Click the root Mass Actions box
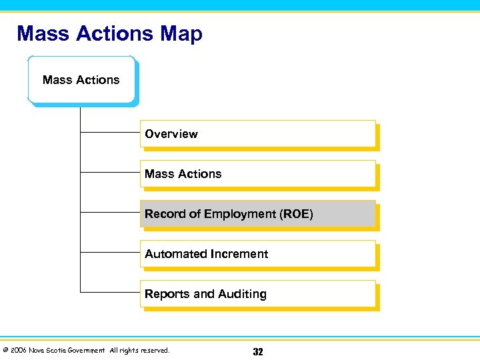click(x=81, y=80)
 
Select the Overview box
click(x=258, y=133)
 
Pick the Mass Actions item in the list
click(x=258, y=173)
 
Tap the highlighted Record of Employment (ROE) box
click(x=258, y=213)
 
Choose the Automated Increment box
click(x=258, y=253)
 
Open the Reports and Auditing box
click(x=258, y=293)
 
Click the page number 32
click(x=257, y=352)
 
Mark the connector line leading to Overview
click(x=110, y=133)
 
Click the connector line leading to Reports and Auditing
click(x=110, y=292)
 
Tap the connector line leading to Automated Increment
click(x=110, y=253)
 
